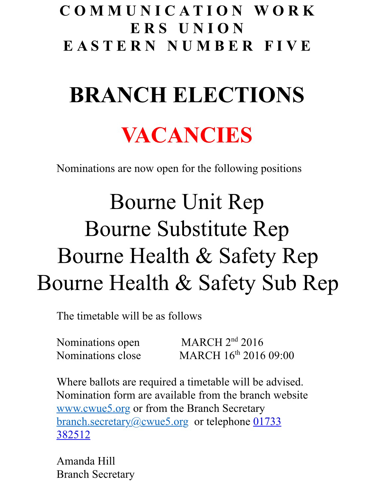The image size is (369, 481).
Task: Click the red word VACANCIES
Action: coord(187,135)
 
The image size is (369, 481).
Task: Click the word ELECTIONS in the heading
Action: coord(238,95)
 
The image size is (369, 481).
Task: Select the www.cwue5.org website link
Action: coord(93,408)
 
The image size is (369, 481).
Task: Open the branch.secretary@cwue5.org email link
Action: coord(122,422)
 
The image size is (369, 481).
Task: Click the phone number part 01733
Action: coord(267,422)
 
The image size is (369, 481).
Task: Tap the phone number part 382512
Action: coord(73,435)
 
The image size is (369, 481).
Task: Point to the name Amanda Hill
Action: coord(86,461)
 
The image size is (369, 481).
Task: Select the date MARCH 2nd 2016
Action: coord(222,342)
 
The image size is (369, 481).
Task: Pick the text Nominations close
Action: coord(99,356)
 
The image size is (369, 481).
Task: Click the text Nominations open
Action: coord(98,342)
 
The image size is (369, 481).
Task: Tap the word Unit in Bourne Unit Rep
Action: coord(202,202)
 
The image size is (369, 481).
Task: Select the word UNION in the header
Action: coord(212,29)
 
